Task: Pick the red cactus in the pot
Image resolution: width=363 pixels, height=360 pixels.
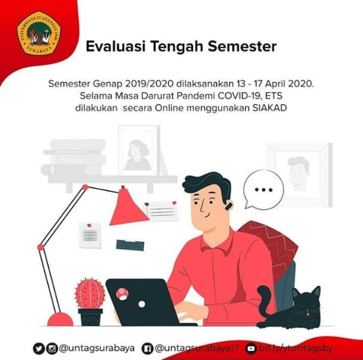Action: coord(90,294)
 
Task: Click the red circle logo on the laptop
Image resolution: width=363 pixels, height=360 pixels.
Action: coord(122,294)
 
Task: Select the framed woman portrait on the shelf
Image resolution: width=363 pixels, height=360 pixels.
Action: coord(138,150)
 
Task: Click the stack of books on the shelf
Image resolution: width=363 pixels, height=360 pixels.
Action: coord(74,158)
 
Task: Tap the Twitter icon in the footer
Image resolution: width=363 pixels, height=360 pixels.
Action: coord(39,347)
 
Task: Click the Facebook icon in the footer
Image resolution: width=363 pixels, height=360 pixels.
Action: coord(147,347)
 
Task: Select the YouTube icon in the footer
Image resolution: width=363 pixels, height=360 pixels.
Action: coord(252,347)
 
